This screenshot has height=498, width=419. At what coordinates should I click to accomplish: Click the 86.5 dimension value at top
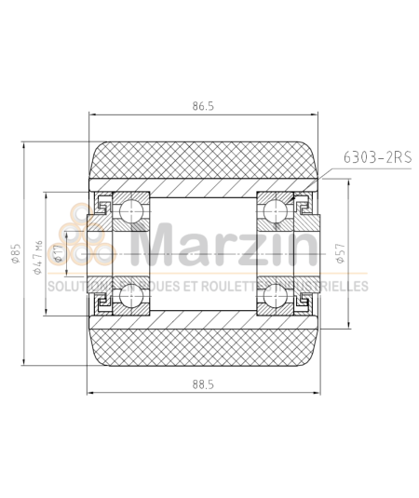tap(203, 106)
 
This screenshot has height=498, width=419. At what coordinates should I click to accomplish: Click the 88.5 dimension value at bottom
tap(203, 384)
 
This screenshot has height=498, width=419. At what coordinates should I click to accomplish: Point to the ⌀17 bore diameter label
tap(59, 253)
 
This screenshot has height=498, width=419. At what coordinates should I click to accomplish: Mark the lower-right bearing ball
tap(276, 298)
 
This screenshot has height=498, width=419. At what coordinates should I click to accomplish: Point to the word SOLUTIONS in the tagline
tap(73, 287)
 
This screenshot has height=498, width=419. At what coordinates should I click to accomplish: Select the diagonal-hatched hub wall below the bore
tap(203, 320)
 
